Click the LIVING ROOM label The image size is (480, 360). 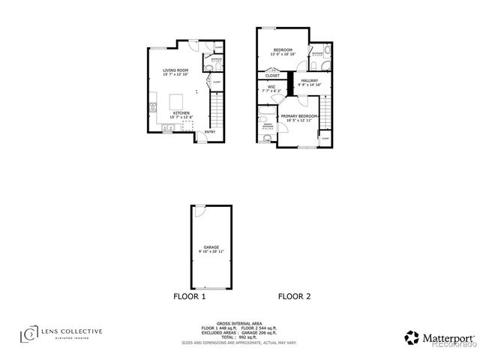(176, 70)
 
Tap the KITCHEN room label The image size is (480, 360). (182, 112)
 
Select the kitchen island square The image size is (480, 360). (178, 100)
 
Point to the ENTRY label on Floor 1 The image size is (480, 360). (209, 133)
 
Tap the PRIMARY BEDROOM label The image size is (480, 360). (299, 116)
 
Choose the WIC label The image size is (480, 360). (271, 87)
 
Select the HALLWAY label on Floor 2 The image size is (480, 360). (309, 81)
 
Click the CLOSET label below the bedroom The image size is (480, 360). (273, 75)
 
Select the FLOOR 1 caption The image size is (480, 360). (190, 297)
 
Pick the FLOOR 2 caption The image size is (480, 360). (294, 297)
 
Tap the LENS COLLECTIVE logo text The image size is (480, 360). (71, 331)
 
